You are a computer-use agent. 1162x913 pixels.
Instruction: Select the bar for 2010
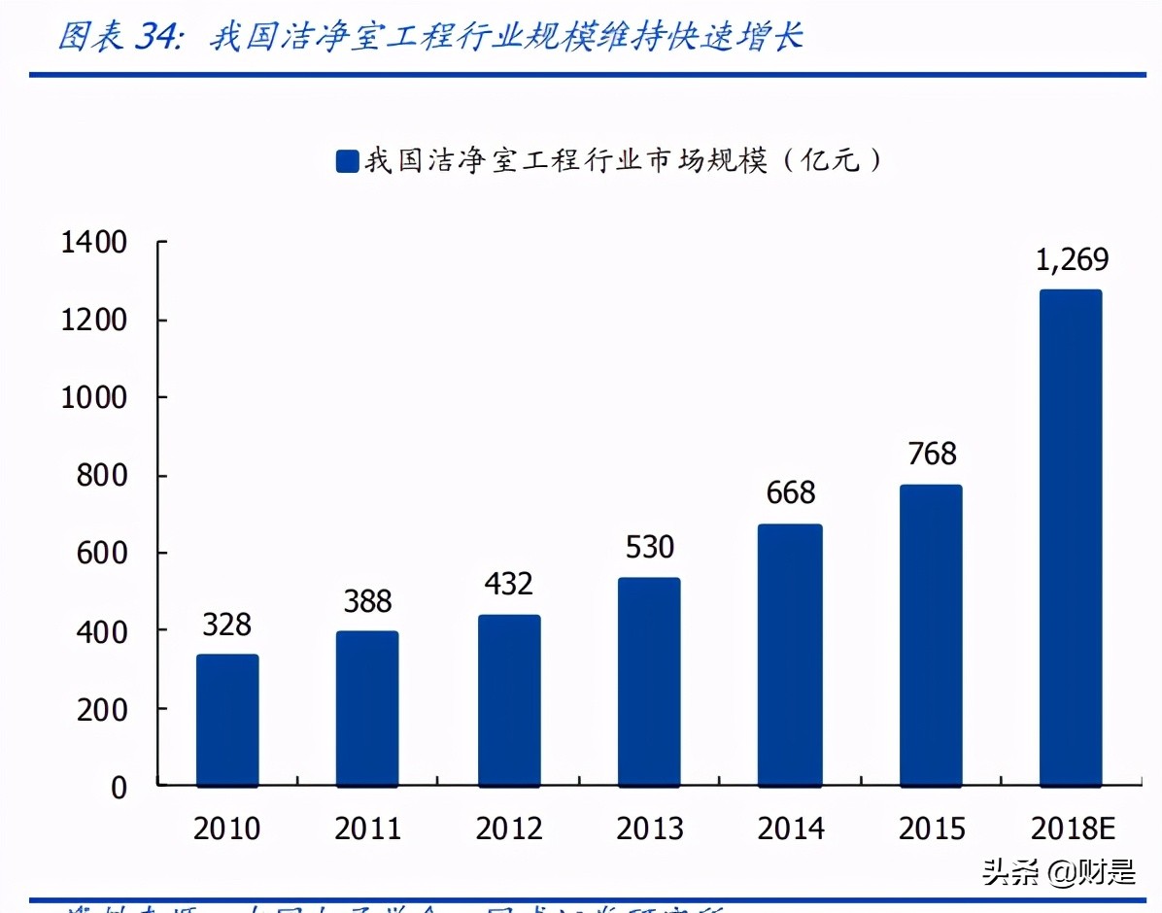pos(227,720)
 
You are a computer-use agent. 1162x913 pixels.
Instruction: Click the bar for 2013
pos(649,681)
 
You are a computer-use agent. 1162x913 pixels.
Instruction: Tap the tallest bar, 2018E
pos(1071,537)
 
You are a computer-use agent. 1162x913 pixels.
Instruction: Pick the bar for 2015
pos(931,635)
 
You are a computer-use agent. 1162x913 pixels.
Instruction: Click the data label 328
pos(227,625)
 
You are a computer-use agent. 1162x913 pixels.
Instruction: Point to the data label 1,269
pos(1072,260)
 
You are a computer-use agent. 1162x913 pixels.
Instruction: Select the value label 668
pos(790,493)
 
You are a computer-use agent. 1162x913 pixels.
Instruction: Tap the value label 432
pos(508,584)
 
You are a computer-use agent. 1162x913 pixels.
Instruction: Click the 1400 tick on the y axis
pos(94,243)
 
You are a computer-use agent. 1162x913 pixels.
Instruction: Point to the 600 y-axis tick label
pos(103,554)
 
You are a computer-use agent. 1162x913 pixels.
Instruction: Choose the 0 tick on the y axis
pos(119,788)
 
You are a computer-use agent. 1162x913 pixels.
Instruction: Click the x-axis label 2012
pos(508,828)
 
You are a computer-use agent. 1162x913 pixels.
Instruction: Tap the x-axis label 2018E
pos(1072,828)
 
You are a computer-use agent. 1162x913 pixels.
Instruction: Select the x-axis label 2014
pos(790,828)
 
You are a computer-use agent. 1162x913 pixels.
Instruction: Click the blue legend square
pos(347,161)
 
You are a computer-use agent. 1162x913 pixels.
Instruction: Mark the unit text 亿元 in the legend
pos(830,160)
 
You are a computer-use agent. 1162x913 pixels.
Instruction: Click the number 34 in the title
pos(154,37)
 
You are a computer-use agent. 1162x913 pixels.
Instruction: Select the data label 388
pos(367,602)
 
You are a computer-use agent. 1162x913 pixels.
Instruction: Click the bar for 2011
pos(367,708)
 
